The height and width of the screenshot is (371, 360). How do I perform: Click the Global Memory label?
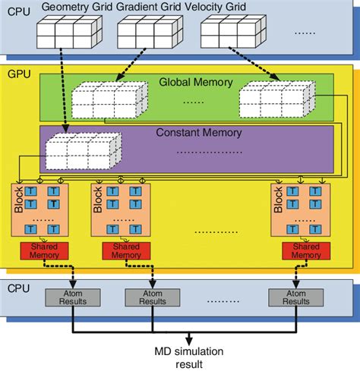pos(196,83)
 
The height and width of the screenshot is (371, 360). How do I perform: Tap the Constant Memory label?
pos(199,133)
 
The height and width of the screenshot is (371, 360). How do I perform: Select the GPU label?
pos(19,74)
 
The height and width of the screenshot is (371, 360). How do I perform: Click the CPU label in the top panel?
pos(19,11)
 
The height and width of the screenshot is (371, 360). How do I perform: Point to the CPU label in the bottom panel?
pos(18,288)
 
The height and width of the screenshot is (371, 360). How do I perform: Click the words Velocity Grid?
pos(216,7)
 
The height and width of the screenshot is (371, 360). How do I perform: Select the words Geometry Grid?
pos(77,7)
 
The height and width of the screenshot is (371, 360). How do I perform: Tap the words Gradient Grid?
pos(149,7)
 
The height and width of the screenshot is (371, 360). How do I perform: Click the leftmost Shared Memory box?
pos(44,251)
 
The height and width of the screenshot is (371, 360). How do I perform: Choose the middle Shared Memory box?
pos(126,251)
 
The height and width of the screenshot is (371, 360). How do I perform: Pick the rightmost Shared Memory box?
pos(306,251)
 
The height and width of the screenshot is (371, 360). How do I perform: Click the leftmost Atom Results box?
pos(73,297)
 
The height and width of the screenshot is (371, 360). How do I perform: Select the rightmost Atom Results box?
pos(296,297)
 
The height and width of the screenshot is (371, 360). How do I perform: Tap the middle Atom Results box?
pos(153,297)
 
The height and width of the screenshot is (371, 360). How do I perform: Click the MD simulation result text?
pos(189,358)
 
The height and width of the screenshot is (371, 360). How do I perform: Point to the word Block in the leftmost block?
pos(19,200)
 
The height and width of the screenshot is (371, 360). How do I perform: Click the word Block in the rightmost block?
pos(278,200)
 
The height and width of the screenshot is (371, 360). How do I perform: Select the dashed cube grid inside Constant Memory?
pos(84,151)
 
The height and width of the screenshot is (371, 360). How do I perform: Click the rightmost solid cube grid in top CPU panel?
pos(233,31)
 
